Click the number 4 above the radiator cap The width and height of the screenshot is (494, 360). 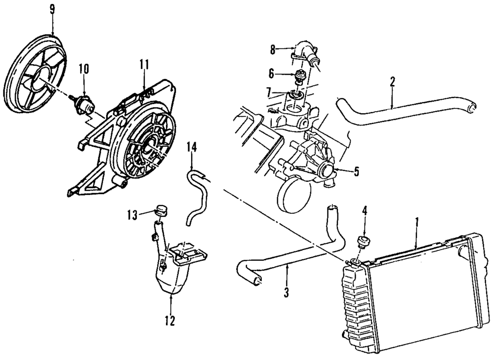[x=364, y=211]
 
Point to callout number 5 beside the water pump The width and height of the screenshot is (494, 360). [x=356, y=172]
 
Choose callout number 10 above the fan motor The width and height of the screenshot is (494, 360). [x=84, y=69]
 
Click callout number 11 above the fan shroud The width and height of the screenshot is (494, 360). [x=144, y=64]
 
